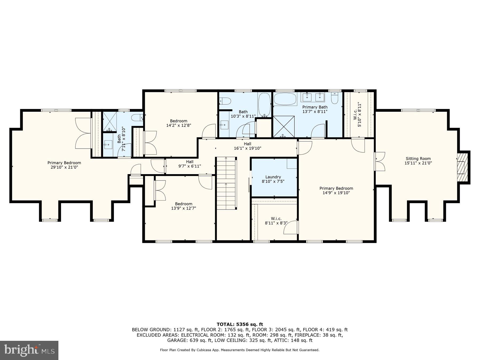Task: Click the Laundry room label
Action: coord(273,177)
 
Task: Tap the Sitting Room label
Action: coord(418,159)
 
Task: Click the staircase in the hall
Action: coord(226,183)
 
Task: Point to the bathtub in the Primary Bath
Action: coord(285,99)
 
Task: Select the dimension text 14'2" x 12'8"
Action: coord(178,125)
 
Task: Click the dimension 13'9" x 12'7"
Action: coord(183,208)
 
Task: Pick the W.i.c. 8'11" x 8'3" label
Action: coord(276,221)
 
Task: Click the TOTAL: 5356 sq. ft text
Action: coord(239,324)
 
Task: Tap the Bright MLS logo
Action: coord(29,350)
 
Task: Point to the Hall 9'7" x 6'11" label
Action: coord(190,164)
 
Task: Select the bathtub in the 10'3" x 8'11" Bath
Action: coord(264,105)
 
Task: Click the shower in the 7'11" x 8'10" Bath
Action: coord(110,122)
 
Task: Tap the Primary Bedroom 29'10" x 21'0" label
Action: coord(64,165)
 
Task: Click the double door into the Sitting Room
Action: coord(380,161)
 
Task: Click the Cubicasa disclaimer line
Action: coord(239,350)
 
